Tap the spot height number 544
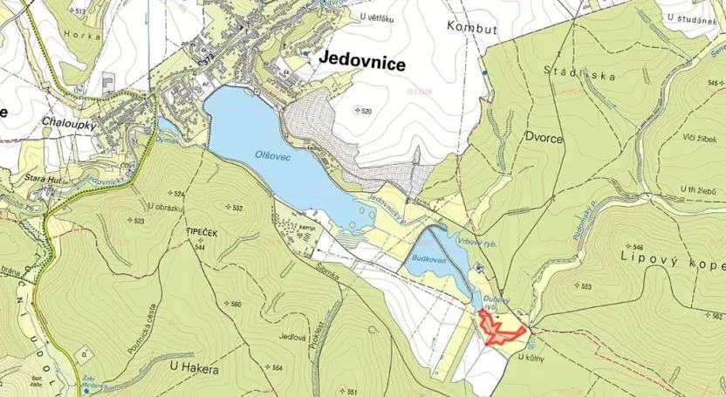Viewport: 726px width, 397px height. tap(203, 248)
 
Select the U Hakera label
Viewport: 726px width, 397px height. tap(194, 369)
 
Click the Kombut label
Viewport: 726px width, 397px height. tap(471, 28)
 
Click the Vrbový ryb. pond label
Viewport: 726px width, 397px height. tap(476, 242)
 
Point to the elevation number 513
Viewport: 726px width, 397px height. tap(81, 11)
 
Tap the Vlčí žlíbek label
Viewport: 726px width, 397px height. tap(699, 138)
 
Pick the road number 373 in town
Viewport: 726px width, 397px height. tap(209, 60)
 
